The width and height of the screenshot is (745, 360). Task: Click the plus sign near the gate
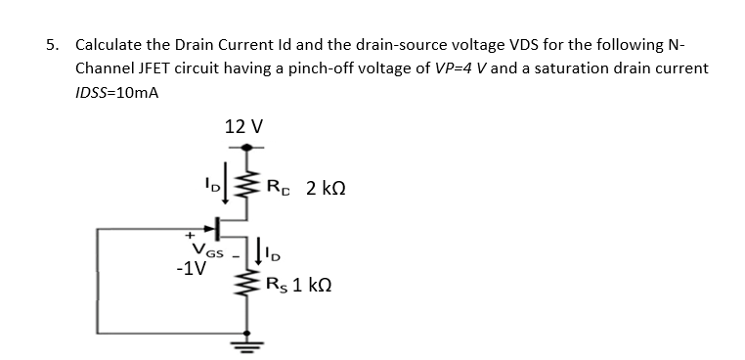[x=192, y=236]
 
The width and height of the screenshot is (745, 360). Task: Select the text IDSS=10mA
[x=117, y=93]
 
